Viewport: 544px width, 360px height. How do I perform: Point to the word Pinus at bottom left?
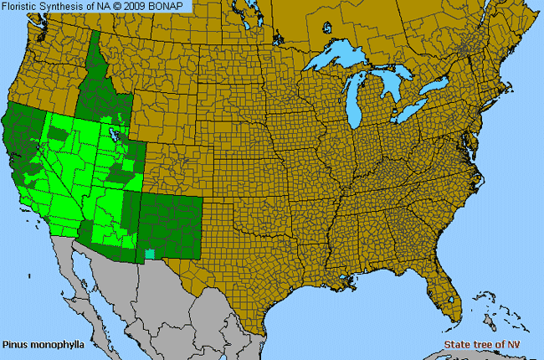tap(14, 344)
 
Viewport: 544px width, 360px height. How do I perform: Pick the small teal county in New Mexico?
tap(150, 253)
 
